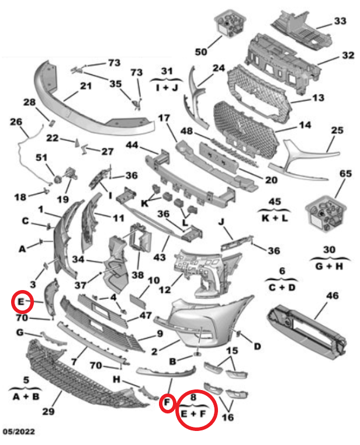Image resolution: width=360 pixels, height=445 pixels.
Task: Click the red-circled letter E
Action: (21, 302)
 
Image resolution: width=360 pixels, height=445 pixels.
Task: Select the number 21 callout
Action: (86, 86)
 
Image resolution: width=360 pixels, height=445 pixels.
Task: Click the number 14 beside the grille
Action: (304, 125)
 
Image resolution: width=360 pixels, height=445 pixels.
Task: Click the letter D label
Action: (257, 347)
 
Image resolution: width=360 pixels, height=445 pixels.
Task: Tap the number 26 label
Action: (15, 122)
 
